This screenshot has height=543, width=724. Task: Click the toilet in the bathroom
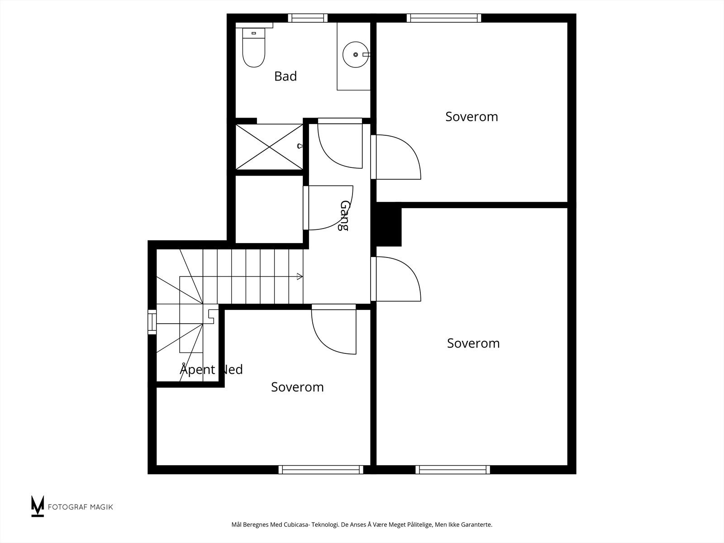click(254, 48)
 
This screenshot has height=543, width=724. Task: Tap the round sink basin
click(355, 54)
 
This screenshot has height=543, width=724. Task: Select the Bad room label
click(286, 76)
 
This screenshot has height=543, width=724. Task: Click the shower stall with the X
click(269, 146)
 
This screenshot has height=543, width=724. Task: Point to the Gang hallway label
click(344, 216)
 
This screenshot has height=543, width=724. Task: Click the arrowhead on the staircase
click(300, 276)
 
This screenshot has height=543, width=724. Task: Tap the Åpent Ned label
click(211, 369)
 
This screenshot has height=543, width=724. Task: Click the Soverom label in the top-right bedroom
click(472, 117)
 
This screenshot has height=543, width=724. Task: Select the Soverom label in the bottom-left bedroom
click(297, 387)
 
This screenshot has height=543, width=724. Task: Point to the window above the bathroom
click(308, 18)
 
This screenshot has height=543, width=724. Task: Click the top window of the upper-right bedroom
click(443, 18)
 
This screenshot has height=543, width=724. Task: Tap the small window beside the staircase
click(152, 322)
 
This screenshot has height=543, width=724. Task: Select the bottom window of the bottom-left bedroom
click(321, 470)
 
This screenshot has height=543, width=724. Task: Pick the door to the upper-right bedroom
click(396, 157)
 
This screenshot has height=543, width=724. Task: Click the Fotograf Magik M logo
click(38, 506)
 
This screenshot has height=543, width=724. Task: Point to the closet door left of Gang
click(328, 208)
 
